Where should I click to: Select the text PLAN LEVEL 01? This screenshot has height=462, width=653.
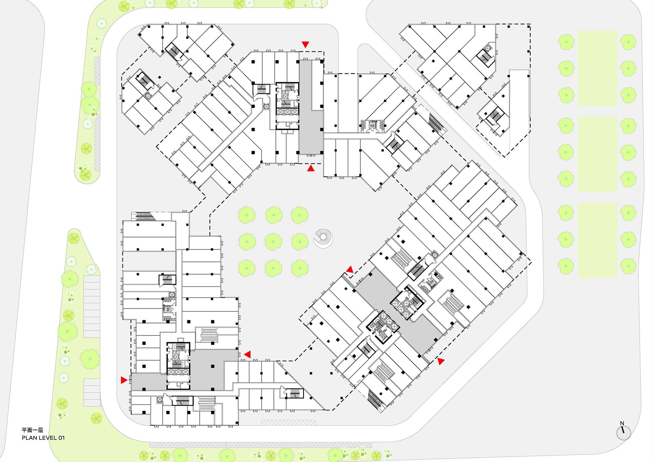tap(43, 438)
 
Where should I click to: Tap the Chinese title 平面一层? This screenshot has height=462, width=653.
tap(32, 430)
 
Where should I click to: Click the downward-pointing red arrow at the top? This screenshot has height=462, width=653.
tap(305, 44)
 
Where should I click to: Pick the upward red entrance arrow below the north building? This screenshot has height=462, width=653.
tap(311, 168)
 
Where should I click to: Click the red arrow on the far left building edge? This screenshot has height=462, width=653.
tap(124, 380)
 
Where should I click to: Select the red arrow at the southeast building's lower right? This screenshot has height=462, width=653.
tap(441, 361)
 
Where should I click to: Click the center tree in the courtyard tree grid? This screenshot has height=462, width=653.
tap(273, 241)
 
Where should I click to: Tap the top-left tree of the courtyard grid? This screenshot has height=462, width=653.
tap(247, 215)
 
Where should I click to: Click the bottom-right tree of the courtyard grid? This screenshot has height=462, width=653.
tap(300, 268)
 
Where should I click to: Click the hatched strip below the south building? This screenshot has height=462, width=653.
tap(288, 422)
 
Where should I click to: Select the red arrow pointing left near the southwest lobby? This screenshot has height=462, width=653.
tap(247, 354)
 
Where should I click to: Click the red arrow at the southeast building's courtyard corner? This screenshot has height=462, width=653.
tap(350, 270)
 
